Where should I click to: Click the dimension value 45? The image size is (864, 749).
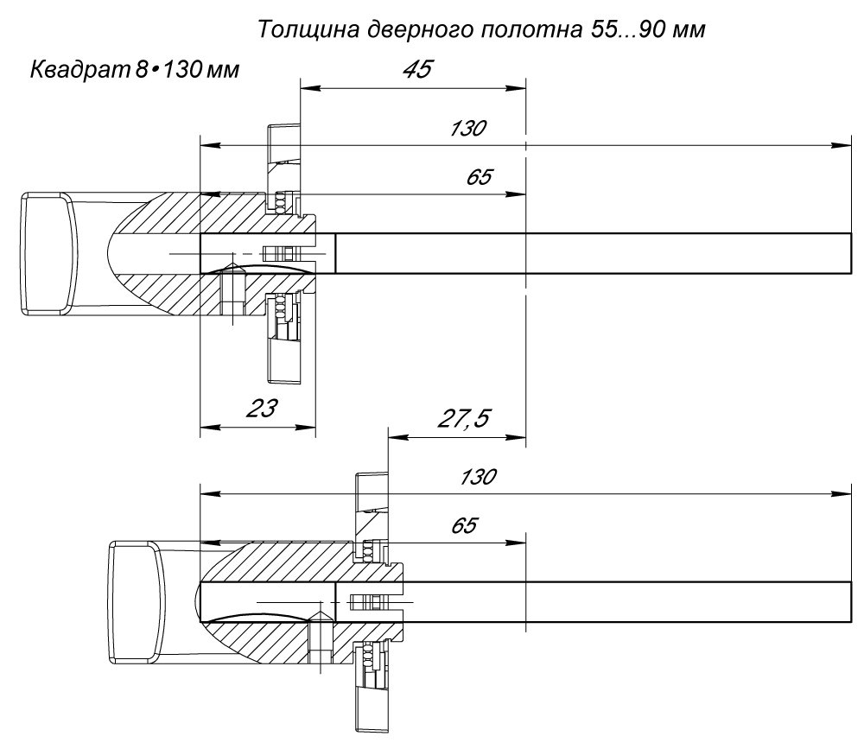417,69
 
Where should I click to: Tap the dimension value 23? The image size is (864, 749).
261,409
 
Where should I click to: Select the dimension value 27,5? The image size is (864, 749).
464,418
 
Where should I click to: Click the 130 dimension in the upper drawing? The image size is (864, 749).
468,129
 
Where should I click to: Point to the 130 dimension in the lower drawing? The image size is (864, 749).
479,476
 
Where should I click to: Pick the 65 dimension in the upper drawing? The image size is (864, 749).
480,177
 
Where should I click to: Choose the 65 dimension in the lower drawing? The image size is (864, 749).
465,525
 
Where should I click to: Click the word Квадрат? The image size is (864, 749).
79,71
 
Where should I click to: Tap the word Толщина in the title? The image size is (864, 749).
308,29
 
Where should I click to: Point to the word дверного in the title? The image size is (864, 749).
420,29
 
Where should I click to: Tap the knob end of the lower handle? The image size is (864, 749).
135,601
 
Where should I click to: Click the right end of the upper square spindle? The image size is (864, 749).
851,253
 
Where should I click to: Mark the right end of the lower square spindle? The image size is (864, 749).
851,601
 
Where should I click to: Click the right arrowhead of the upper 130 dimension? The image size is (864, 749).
842,145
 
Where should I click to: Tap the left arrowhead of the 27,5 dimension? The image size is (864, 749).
399,438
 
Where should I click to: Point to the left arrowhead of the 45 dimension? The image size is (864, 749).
311,88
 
